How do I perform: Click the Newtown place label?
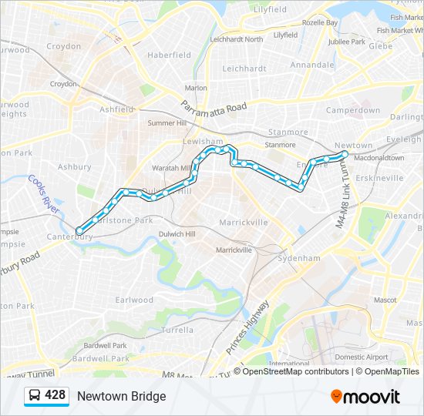click(x=354, y=145)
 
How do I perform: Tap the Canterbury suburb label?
click(x=69, y=237)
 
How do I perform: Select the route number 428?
click(x=55, y=395)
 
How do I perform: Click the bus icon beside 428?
click(x=35, y=396)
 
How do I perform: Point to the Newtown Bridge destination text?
click(x=121, y=396)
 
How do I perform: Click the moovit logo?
click(x=365, y=397)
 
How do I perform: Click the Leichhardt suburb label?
click(x=244, y=69)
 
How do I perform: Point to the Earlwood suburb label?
click(x=134, y=300)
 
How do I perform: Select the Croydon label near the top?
click(x=63, y=46)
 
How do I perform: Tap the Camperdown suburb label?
click(x=353, y=110)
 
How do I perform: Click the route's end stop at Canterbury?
click(x=79, y=230)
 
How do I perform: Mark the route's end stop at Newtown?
click(x=344, y=155)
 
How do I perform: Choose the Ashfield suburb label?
click(x=116, y=109)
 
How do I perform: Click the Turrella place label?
click(x=178, y=329)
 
